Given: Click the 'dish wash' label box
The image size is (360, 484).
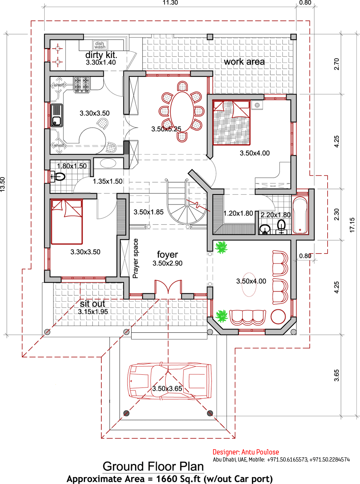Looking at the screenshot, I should pos(100,45).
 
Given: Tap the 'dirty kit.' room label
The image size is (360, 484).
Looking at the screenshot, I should pos(101,55).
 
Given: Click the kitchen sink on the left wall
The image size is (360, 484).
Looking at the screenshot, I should pos(57,115).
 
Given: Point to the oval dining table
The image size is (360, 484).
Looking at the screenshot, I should pos(182,111).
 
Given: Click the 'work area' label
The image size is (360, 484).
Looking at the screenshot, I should pos(244,62).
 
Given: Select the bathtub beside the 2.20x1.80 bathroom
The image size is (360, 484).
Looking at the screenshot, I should pos(300,216).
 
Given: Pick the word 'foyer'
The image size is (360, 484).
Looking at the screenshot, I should pos(167,255).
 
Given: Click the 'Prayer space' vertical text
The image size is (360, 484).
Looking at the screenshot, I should pos(136,259).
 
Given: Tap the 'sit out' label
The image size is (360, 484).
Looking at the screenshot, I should pos(92,304).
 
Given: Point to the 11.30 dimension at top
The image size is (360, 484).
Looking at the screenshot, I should pos(170,3).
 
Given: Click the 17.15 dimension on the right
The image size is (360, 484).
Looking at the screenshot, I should pos(352,225).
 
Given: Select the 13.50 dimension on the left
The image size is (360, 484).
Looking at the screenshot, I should pos(3,184).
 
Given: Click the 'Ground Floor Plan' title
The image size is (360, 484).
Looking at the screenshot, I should pos(153,466).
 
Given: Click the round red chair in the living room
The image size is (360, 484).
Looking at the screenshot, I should pos(278,316).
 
